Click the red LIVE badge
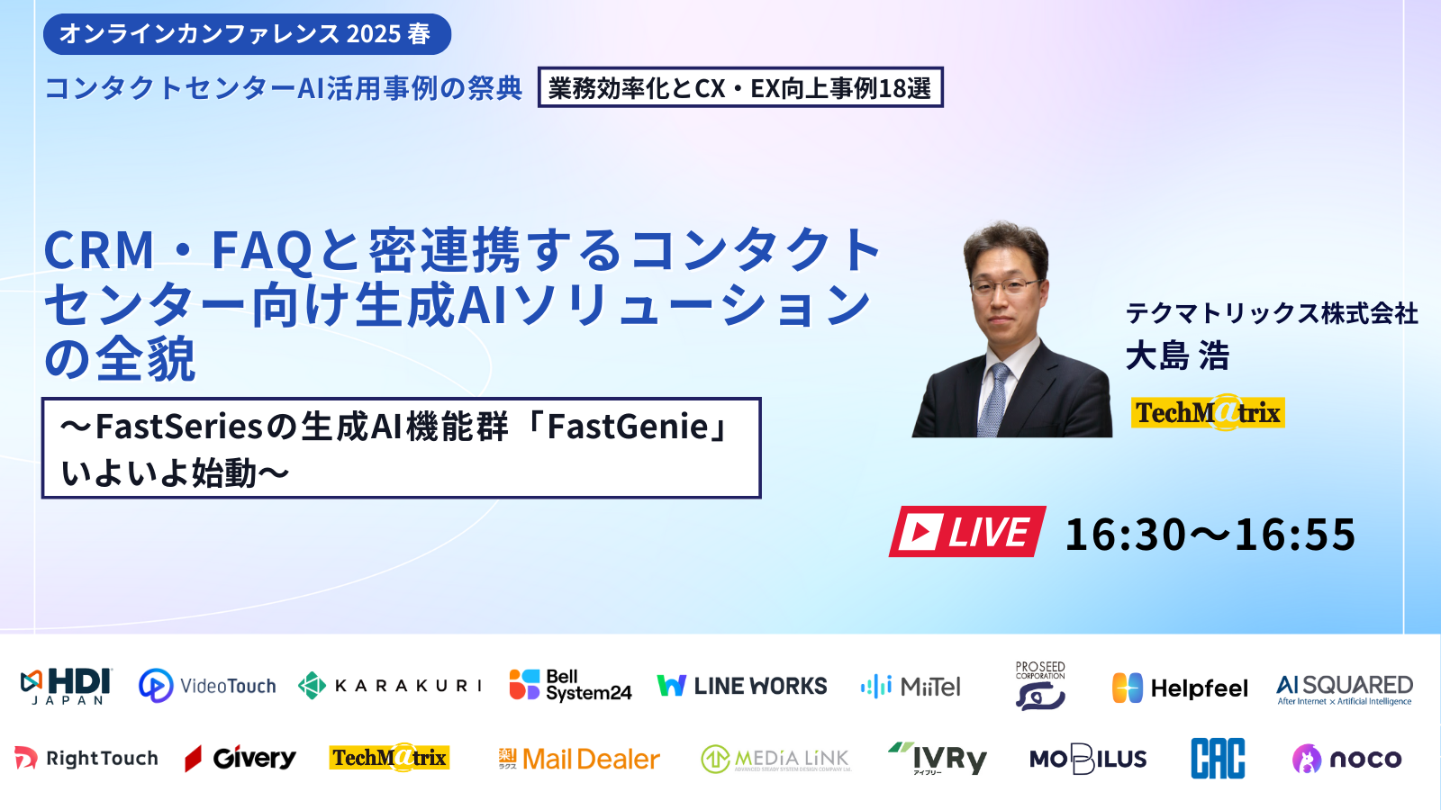click(x=967, y=532)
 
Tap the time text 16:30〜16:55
click(x=1210, y=535)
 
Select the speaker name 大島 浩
click(x=1177, y=356)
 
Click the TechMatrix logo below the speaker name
click(x=1208, y=413)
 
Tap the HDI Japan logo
click(x=66, y=686)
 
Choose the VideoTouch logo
click(x=207, y=686)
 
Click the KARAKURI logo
click(x=390, y=686)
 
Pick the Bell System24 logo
click(x=570, y=686)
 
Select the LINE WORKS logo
click(x=742, y=686)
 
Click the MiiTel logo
click(x=911, y=687)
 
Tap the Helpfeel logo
click(x=1180, y=688)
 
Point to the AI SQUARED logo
click(x=1345, y=688)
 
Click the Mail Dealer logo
click(x=579, y=760)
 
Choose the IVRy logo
click(x=938, y=759)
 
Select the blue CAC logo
click(x=1218, y=759)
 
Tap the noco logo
click(x=1346, y=760)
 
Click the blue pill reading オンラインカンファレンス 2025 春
click(x=247, y=34)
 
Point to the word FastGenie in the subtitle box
click(x=628, y=427)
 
